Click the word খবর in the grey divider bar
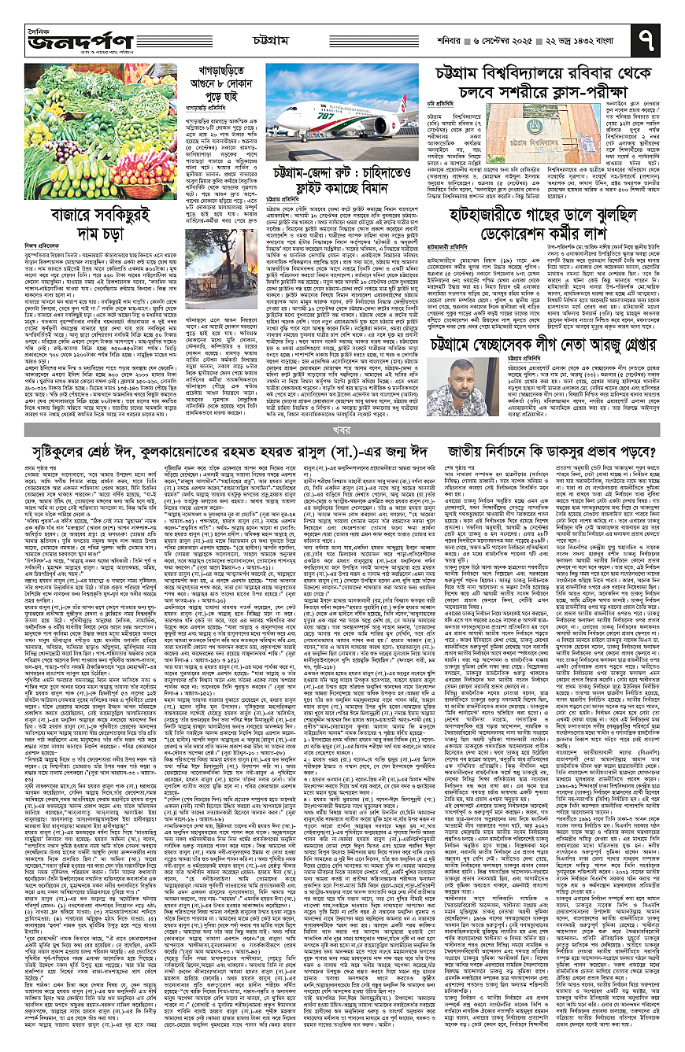(x=339, y=430)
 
